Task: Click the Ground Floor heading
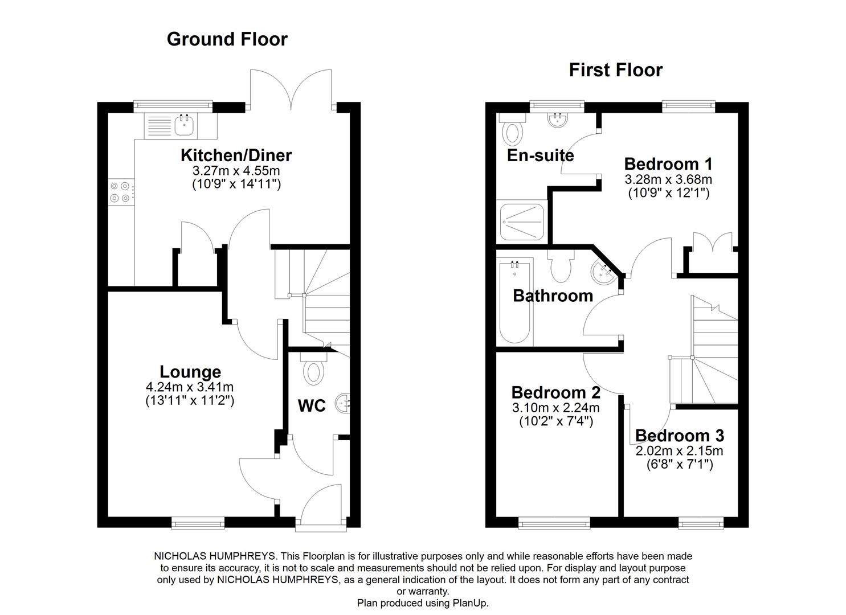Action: click(227, 39)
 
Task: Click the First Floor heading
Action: click(615, 70)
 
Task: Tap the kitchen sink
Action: click(183, 125)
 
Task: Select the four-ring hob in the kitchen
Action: click(120, 191)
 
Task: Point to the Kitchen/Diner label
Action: click(236, 155)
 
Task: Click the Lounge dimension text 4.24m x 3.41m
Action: click(189, 388)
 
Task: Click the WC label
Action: click(312, 406)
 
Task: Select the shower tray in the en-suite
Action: click(521, 222)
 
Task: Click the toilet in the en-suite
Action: click(512, 131)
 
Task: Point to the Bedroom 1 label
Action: click(668, 164)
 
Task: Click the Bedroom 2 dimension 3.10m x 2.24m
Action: click(555, 408)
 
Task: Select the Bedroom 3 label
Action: click(679, 436)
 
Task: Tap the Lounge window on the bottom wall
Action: click(198, 522)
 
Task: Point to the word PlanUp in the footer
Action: click(469, 602)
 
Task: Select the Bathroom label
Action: click(553, 296)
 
